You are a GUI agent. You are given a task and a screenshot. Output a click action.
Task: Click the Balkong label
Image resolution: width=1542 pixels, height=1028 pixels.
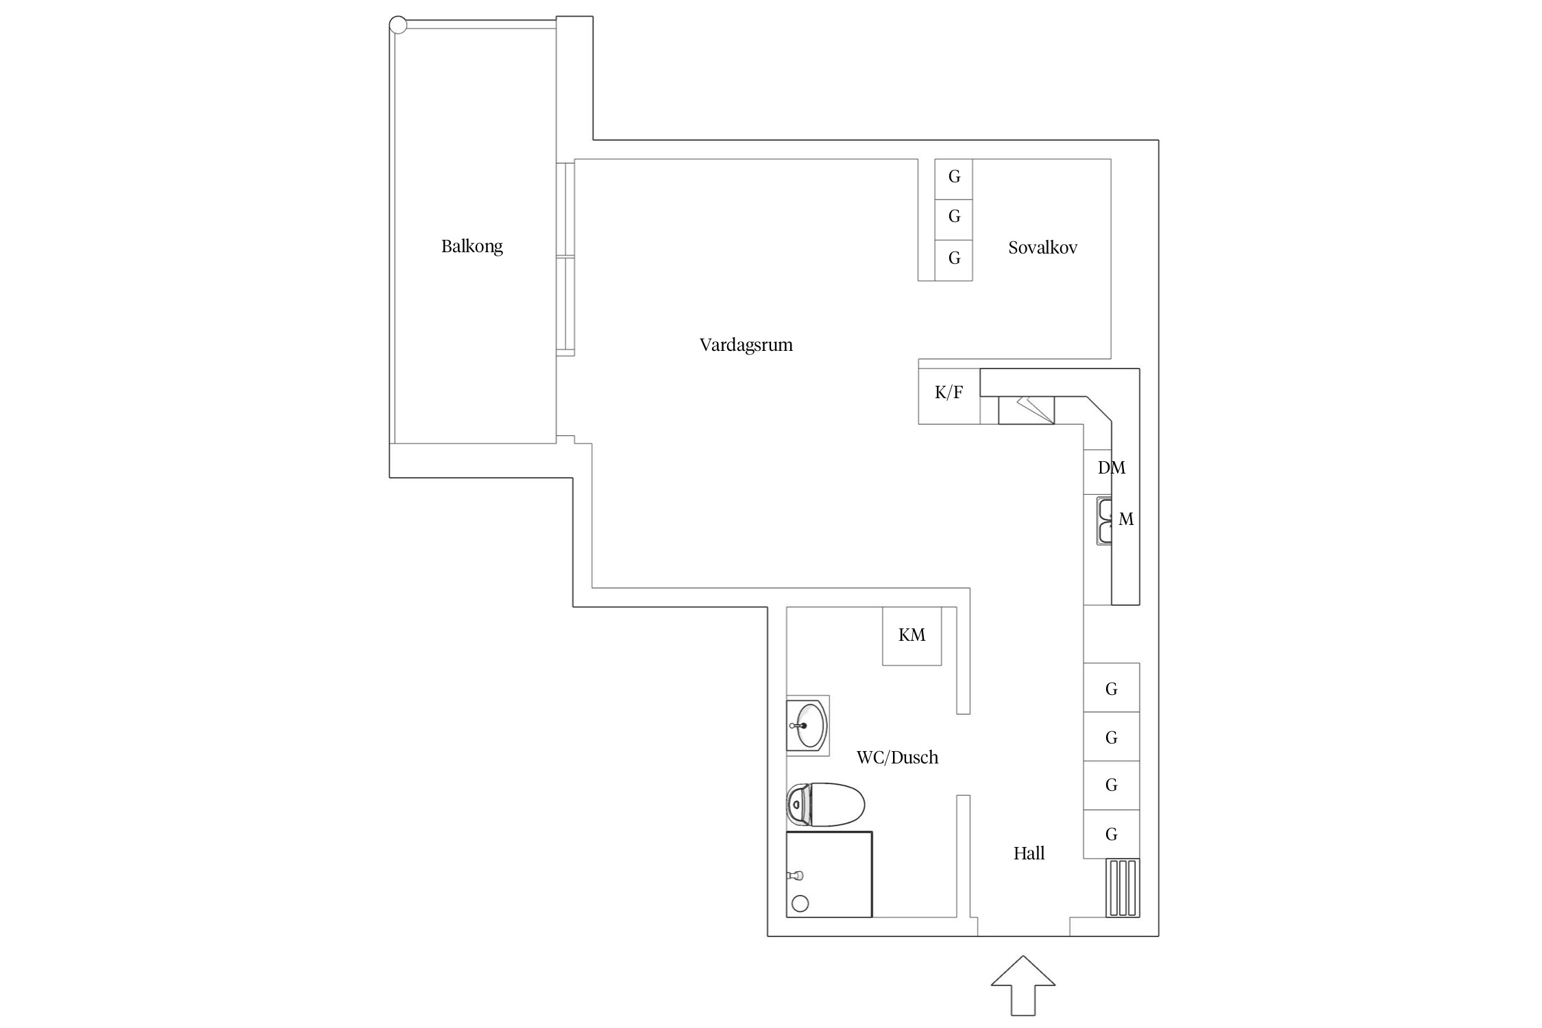[x=472, y=246]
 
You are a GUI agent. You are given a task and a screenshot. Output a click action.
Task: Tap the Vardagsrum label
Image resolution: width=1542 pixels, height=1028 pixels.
[x=746, y=345]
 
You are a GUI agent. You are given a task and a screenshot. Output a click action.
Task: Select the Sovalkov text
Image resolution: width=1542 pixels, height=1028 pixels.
[x=1042, y=248]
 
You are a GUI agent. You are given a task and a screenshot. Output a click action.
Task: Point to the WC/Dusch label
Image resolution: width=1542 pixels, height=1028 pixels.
[x=896, y=757]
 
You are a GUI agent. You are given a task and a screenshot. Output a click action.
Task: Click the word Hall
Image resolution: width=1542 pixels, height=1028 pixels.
[x=1029, y=853]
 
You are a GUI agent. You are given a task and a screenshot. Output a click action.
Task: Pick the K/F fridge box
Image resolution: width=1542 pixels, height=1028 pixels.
[x=949, y=393]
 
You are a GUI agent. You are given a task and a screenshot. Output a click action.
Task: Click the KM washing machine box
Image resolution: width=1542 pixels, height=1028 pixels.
[x=911, y=635]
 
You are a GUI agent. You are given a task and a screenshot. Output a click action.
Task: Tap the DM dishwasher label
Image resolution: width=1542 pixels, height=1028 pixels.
[x=1111, y=468]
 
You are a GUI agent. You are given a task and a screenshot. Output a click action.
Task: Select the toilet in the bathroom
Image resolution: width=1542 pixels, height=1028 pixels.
[x=825, y=805]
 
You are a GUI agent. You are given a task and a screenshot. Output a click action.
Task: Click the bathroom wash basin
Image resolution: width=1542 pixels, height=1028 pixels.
[x=809, y=725]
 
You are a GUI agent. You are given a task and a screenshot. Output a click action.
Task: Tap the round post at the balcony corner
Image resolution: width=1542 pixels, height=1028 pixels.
[x=397, y=25]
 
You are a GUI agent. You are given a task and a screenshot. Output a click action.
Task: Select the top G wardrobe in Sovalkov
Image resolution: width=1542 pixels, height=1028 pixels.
[x=954, y=178]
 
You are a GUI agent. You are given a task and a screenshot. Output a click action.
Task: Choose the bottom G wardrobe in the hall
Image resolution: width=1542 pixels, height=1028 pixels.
[x=1111, y=834]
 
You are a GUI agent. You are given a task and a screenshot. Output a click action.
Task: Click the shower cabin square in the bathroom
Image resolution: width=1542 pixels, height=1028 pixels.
[x=829, y=874]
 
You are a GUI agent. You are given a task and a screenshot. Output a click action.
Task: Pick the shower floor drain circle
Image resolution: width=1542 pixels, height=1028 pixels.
[x=800, y=903]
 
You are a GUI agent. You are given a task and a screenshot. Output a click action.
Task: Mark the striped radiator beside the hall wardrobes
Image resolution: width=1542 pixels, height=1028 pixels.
[x=1122, y=888]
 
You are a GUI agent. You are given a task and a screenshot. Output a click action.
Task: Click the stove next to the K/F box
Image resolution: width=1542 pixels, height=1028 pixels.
[x=1026, y=410]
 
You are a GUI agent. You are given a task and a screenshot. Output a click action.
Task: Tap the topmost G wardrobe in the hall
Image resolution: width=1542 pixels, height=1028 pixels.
[x=1111, y=689]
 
